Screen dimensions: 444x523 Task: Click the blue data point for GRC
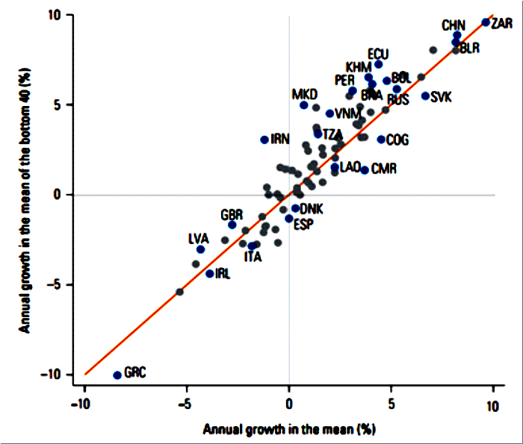click(x=117, y=375)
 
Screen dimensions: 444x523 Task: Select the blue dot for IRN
click(x=264, y=140)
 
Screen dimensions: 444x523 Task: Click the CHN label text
click(x=454, y=25)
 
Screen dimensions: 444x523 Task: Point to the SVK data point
click(x=426, y=96)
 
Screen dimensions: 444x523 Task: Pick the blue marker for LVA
click(x=201, y=249)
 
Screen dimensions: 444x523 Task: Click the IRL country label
click(x=223, y=274)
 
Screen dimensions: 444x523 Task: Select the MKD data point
click(x=304, y=105)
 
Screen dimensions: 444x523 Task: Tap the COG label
click(x=397, y=140)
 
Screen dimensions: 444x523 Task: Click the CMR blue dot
click(x=365, y=170)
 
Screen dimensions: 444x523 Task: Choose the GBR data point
click(x=232, y=225)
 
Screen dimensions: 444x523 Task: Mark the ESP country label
click(x=303, y=224)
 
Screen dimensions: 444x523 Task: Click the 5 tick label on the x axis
click(x=391, y=405)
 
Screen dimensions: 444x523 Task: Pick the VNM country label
click(x=347, y=113)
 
